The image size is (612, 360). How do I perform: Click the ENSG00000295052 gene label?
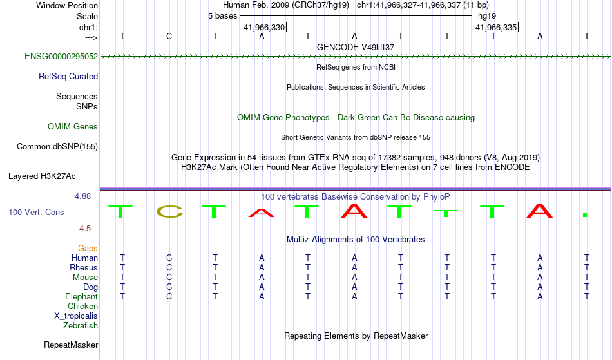click(x=61, y=56)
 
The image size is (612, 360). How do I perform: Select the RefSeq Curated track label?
click(x=68, y=76)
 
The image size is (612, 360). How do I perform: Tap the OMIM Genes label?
click(x=73, y=126)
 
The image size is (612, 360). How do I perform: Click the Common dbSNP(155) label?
click(x=57, y=146)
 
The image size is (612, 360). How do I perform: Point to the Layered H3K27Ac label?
click(x=42, y=176)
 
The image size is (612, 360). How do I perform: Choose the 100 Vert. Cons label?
click(x=36, y=212)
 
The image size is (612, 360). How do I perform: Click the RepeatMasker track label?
click(x=71, y=345)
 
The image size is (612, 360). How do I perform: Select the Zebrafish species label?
click(x=81, y=325)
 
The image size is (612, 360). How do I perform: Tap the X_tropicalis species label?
click(x=76, y=316)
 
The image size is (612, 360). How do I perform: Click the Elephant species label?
click(x=82, y=296)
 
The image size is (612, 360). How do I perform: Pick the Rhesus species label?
click(x=84, y=267)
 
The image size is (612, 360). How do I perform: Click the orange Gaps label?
click(x=88, y=249)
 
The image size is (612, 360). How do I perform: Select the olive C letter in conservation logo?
click(x=169, y=211)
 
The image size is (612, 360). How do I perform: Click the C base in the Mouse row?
click(x=169, y=278)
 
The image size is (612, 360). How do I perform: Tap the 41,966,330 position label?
click(x=264, y=27)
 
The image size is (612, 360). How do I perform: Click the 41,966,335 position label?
click(x=496, y=27)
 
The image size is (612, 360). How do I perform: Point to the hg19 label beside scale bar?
click(x=487, y=16)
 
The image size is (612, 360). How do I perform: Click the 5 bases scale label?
click(x=222, y=16)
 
